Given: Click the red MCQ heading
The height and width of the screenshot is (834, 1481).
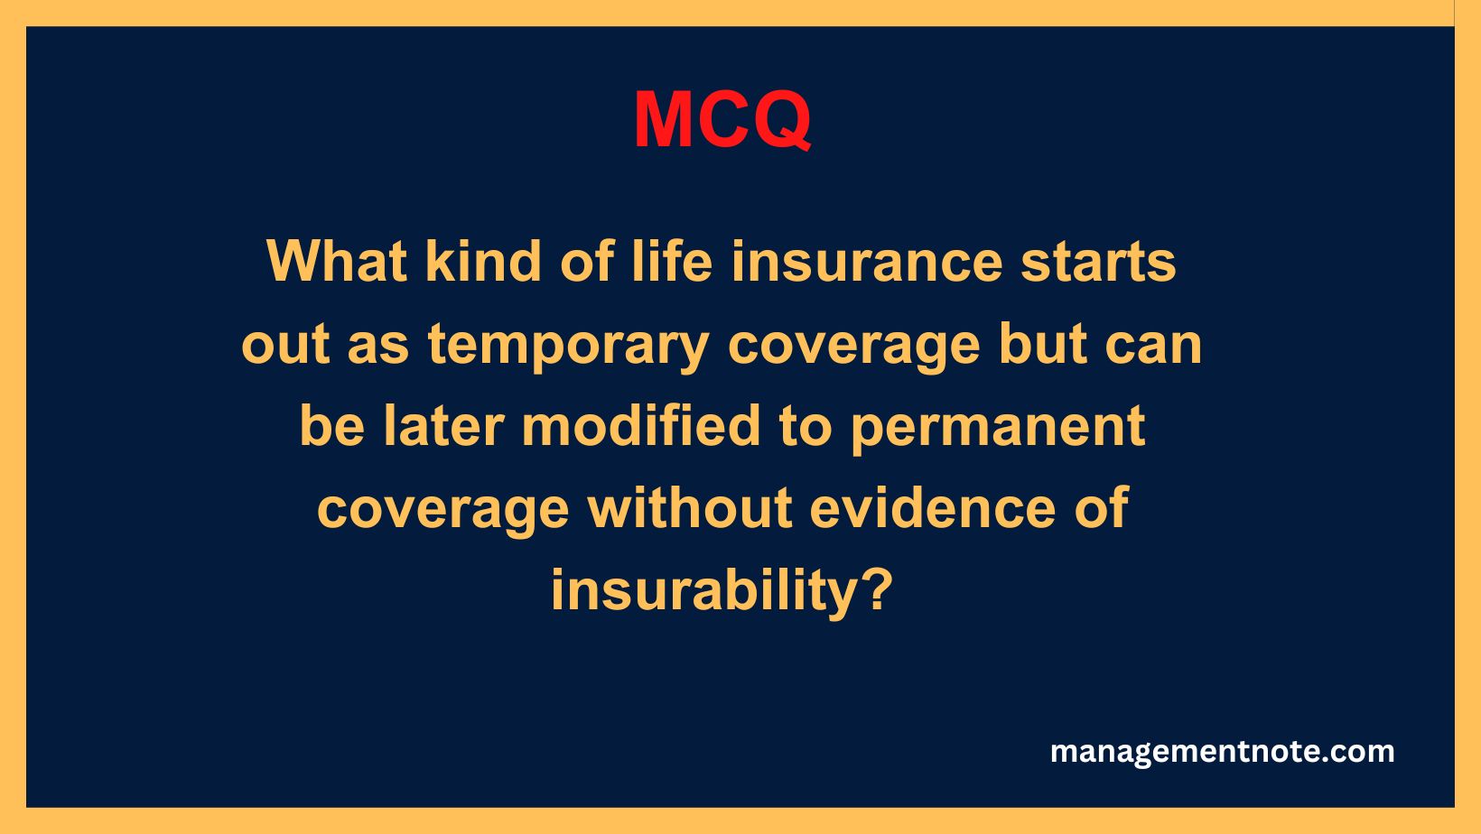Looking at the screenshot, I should click(722, 119).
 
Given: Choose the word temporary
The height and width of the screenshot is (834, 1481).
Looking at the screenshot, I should click(568, 345).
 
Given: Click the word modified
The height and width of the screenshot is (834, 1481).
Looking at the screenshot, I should click(641, 426).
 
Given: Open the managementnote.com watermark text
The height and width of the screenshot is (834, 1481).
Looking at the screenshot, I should click(1222, 752).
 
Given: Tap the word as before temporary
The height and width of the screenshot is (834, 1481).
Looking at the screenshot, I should click(378, 345).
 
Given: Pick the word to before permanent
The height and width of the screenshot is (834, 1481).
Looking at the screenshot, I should click(805, 426).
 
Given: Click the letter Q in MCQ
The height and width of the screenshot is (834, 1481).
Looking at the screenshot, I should click(778, 121).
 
